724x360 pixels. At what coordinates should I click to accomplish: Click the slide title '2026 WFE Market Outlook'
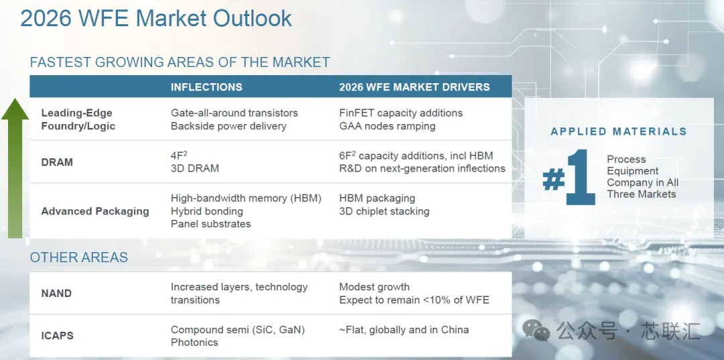click(156, 19)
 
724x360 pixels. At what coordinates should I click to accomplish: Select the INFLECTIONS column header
click(206, 87)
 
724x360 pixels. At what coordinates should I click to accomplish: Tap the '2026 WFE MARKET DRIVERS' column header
click(414, 87)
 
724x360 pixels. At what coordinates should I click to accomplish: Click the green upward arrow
click(15, 168)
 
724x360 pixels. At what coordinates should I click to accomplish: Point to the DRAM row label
click(57, 162)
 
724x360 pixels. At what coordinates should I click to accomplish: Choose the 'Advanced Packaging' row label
click(95, 211)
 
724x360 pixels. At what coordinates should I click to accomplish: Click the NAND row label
click(56, 293)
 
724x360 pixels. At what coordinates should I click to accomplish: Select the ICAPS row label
click(57, 336)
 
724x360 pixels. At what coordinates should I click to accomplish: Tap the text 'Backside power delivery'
click(229, 126)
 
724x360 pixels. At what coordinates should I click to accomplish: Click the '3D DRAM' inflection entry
click(195, 168)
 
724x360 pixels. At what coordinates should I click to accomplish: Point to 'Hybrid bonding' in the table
click(207, 211)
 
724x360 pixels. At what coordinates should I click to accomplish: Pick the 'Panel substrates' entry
click(210, 224)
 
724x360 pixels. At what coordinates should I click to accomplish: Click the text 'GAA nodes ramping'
click(387, 126)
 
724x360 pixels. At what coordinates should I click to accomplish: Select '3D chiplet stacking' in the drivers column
click(384, 211)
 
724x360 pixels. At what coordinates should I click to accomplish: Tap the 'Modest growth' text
click(375, 287)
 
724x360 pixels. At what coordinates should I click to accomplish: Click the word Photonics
click(194, 343)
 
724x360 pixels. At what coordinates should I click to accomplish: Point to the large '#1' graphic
click(569, 177)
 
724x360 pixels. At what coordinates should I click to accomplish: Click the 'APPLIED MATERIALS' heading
click(619, 131)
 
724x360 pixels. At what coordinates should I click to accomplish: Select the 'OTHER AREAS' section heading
click(79, 257)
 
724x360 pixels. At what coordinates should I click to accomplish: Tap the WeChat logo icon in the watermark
click(536, 330)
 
